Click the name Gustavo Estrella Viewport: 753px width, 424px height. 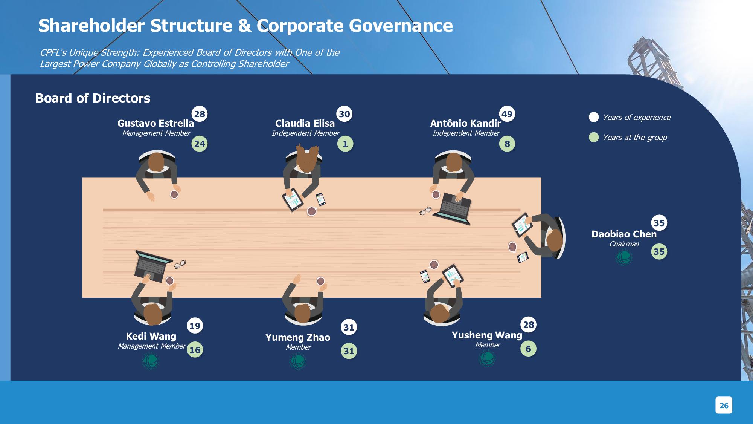(155, 123)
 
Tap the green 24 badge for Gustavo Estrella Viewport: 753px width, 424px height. (200, 144)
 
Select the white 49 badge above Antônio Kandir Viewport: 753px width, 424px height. (507, 114)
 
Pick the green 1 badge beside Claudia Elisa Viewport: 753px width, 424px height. (345, 144)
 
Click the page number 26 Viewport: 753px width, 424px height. (724, 406)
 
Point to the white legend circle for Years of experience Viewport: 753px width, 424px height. (594, 117)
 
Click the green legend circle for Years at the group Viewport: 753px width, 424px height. (594, 137)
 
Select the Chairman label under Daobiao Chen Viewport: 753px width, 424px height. (624, 244)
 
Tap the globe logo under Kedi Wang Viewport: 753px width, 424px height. (150, 361)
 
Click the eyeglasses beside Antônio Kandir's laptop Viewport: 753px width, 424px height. (425, 211)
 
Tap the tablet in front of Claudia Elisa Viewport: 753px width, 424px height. (293, 200)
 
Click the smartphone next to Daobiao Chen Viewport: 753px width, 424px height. (523, 257)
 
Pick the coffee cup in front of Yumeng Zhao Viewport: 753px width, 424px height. (320, 281)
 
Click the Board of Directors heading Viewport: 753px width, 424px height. (93, 98)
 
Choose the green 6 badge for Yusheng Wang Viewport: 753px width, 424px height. (528, 349)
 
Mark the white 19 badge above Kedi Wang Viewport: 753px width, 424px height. (195, 326)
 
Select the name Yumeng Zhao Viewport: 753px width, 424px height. (298, 337)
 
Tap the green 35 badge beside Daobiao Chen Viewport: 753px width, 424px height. (659, 251)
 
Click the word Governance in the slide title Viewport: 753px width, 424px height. (401, 26)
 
